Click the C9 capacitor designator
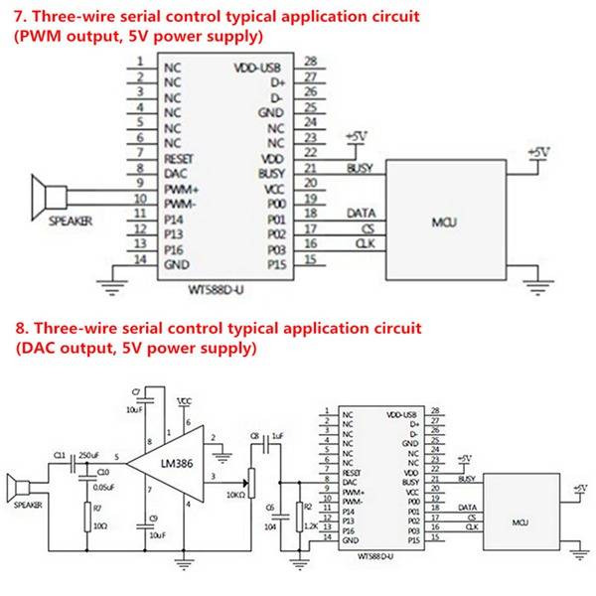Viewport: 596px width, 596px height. pos(152,519)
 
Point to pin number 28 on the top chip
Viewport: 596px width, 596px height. pos(311,62)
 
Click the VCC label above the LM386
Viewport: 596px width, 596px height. pos(183,399)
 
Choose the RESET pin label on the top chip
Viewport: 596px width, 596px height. pos(179,157)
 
